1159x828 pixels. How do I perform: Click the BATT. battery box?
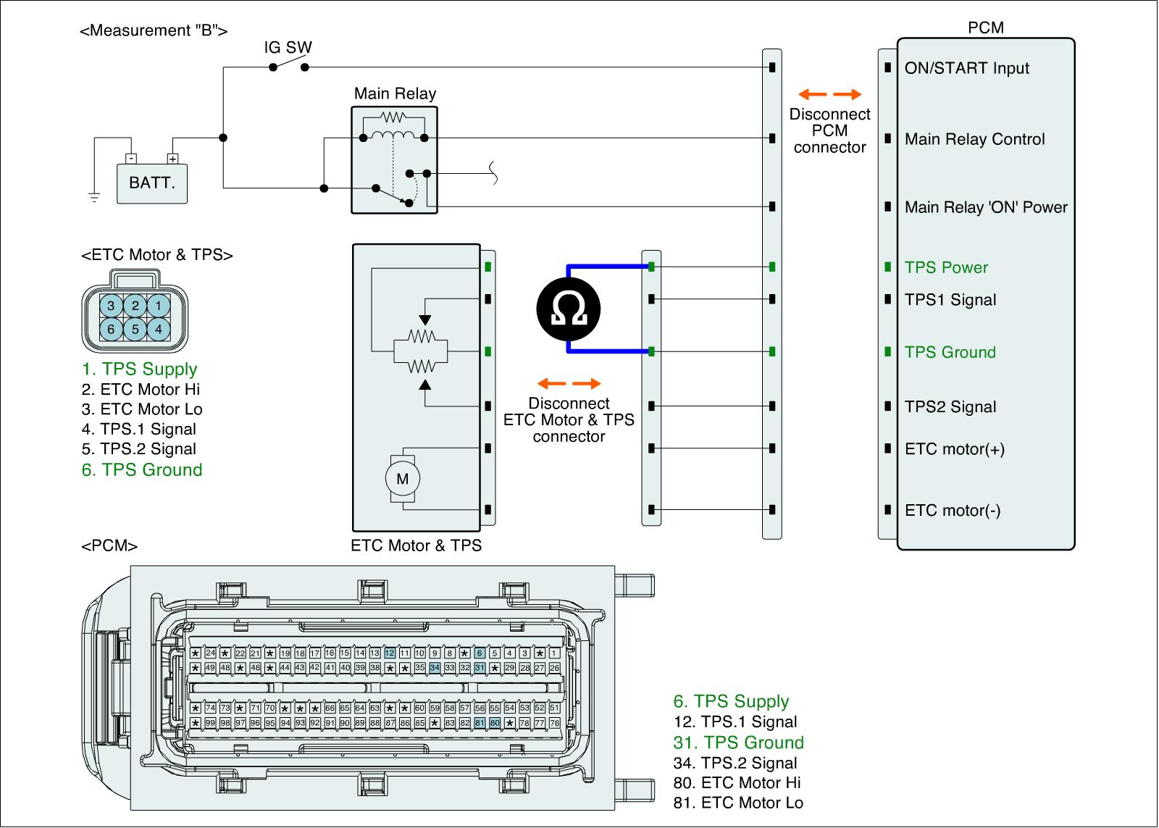coord(152,183)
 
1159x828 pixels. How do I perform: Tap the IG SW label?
coord(288,48)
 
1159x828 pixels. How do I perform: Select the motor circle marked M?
coord(402,478)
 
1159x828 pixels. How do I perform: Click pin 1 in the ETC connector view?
coord(159,306)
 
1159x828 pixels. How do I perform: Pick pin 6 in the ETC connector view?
coord(111,330)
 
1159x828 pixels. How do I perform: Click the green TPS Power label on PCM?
coord(946,267)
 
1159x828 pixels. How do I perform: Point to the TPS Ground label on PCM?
coord(950,352)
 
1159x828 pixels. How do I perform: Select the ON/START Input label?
coord(966,68)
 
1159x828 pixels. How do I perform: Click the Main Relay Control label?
coord(974,139)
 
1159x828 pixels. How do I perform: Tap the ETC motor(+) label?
coord(954,449)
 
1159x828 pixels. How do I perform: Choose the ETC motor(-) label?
coord(953,510)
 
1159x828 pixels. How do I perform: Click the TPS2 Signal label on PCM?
coord(950,407)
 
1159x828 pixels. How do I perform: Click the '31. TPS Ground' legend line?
coord(738,743)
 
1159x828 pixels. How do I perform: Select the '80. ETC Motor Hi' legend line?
coord(737,782)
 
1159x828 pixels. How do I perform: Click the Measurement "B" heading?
coord(154,30)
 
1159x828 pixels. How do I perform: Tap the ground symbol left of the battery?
coord(93,196)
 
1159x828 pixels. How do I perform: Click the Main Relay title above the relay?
coord(395,93)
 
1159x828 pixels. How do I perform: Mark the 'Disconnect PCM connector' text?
coord(829,130)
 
